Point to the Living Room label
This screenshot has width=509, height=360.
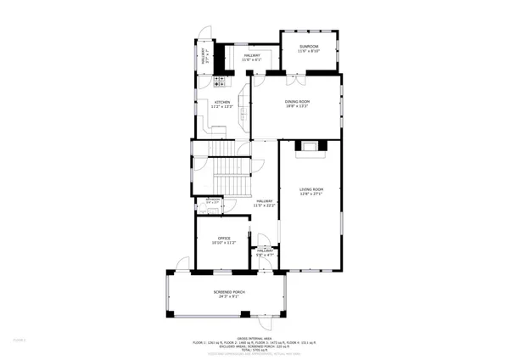[313, 188]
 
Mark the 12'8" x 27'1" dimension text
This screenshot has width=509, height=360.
[313, 194]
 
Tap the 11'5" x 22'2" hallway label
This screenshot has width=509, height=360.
[266, 204]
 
